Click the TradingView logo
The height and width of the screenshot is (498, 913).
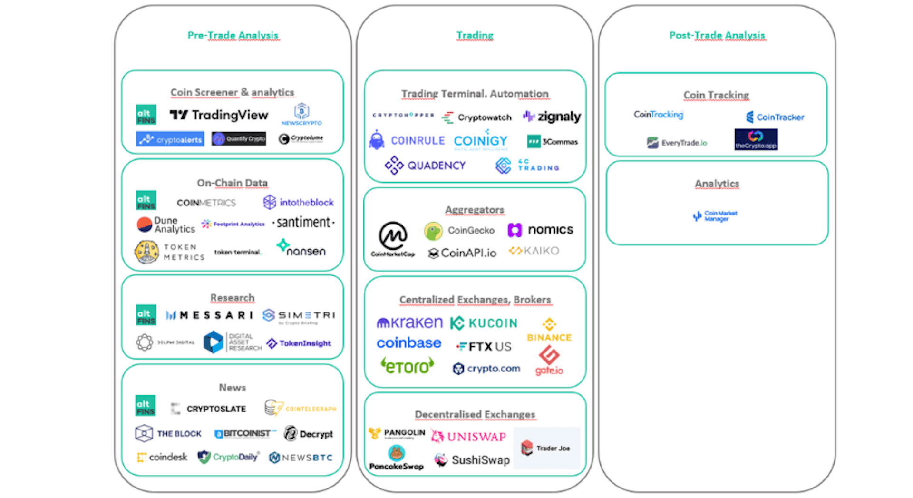219,115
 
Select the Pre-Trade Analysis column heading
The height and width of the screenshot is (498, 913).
233,35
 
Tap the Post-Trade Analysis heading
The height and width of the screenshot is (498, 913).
717,35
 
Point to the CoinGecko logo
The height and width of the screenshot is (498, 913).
459,231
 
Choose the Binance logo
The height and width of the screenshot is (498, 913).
549,331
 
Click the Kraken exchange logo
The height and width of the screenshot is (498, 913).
409,323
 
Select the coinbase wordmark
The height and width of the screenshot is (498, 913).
409,343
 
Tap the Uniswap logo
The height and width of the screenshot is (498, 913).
468,436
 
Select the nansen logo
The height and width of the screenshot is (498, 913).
301,248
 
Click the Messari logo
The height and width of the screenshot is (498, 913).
209,315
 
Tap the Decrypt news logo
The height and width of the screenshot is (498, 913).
309,434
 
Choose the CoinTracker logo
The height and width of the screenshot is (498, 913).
775,117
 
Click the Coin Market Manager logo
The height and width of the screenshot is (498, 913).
715,216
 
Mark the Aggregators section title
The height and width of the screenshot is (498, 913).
475,210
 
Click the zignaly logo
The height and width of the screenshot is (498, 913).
552,117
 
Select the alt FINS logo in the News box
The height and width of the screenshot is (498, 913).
146,406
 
